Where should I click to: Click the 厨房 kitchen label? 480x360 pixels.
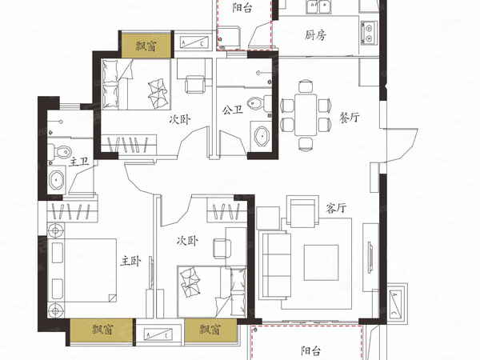coord(315,35)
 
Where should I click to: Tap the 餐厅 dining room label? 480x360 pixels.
coord(350,118)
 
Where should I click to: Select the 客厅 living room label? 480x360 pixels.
coord(336,208)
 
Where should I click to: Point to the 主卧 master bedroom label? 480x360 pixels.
coord(130,261)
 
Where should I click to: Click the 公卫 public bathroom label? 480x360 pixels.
coord(233,110)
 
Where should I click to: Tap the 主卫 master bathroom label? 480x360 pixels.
coord(78,162)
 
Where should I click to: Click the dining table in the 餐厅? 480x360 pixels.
coord(306,114)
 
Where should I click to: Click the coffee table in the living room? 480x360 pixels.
coord(321,262)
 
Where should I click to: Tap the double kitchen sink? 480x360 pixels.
coord(319,6)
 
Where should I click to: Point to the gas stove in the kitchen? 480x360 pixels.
coord(369,33)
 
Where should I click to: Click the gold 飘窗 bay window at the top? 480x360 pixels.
coord(146,46)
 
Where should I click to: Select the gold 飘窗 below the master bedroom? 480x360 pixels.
coord(102,330)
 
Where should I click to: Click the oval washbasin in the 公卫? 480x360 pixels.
coord(262,137)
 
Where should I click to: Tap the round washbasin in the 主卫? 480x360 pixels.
coord(56,180)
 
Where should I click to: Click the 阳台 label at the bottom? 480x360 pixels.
coord(311,351)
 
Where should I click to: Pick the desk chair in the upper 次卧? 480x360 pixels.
coord(195,84)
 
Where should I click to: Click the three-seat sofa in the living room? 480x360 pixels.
coord(274,266)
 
